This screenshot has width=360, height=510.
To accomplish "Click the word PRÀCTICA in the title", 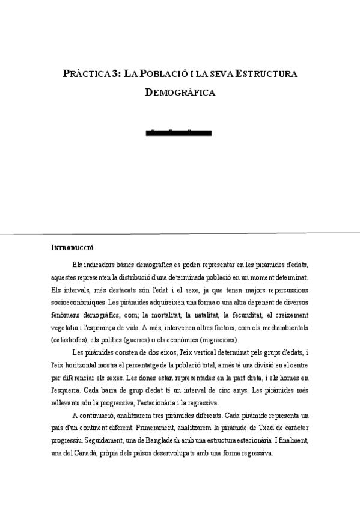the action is click(86, 73).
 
